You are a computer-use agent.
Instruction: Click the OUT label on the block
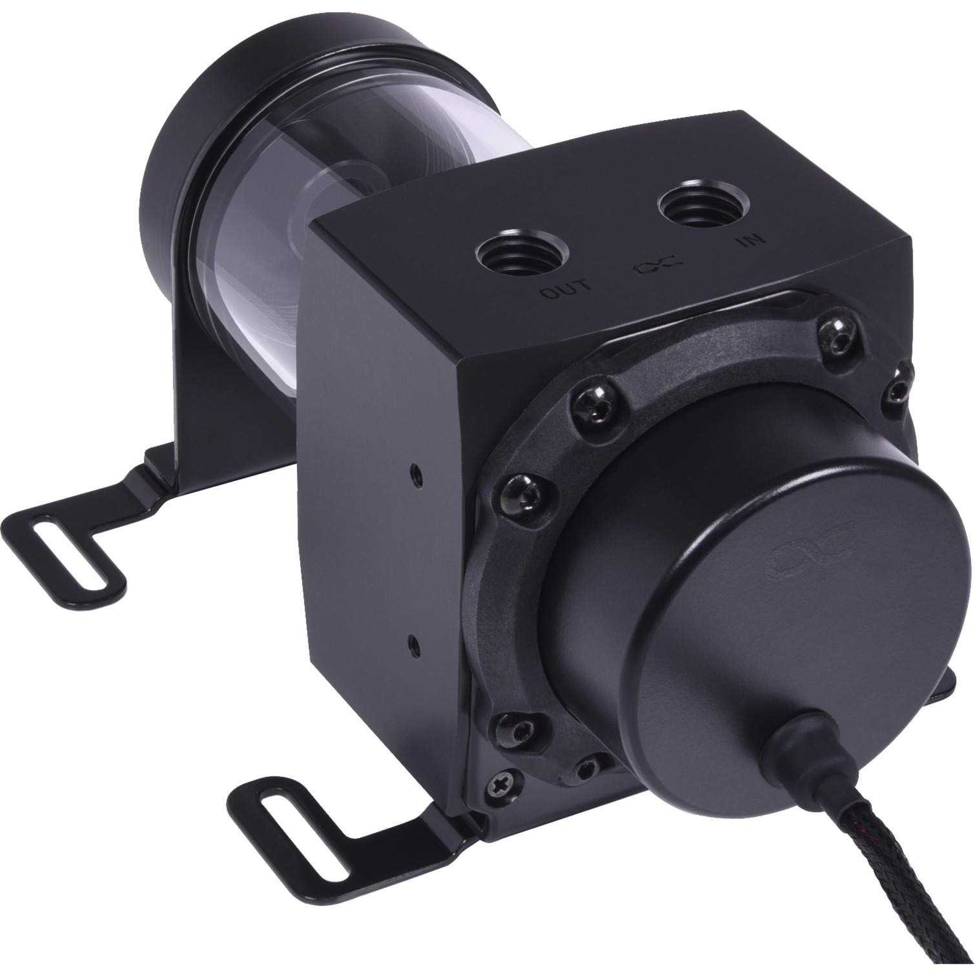(x=565, y=291)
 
